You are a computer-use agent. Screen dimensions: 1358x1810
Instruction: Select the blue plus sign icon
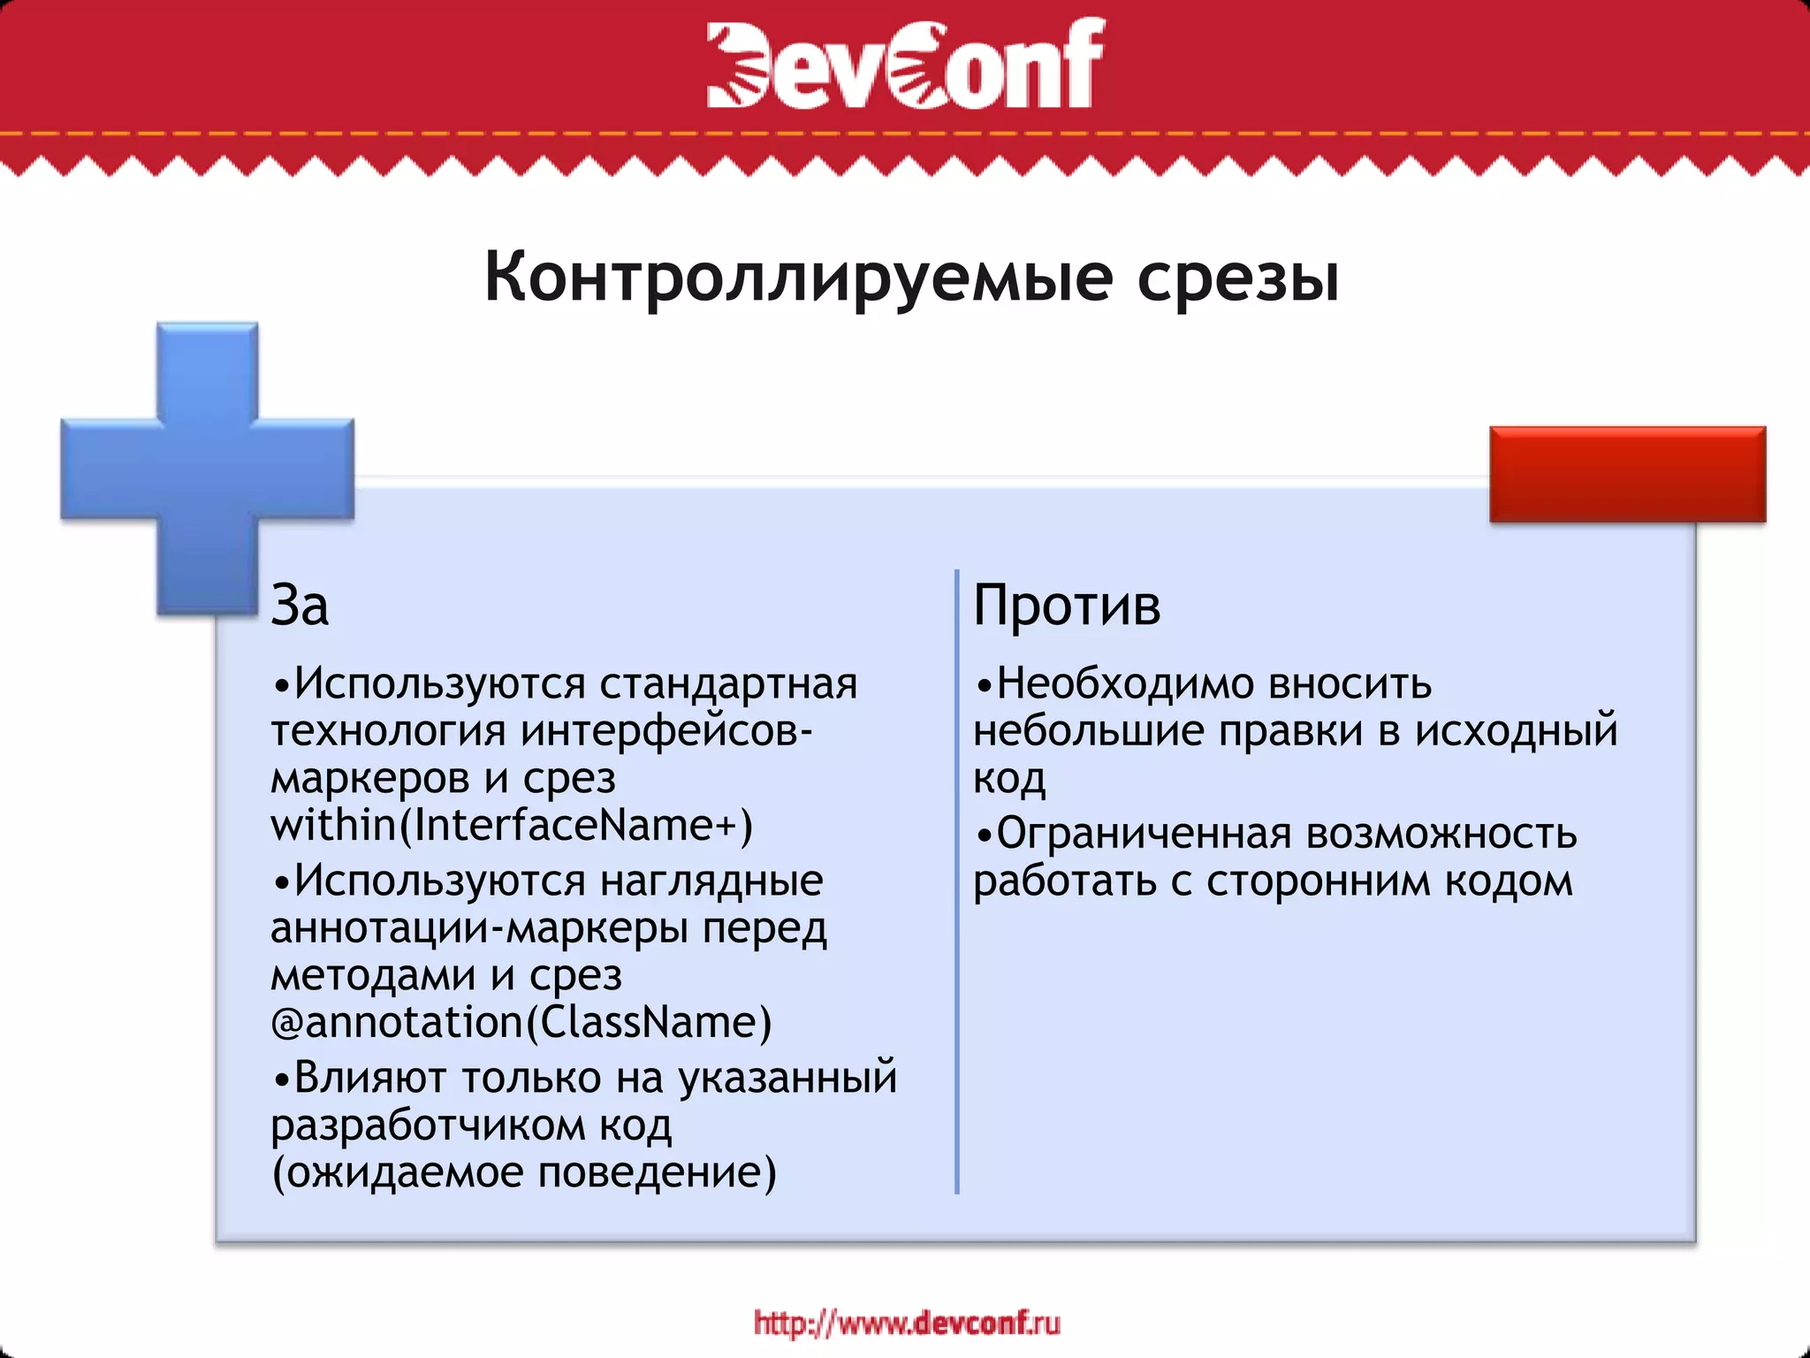[x=208, y=469]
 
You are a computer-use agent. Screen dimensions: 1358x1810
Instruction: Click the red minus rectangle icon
[x=1627, y=474]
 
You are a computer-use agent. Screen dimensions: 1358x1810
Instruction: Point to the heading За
[x=300, y=607]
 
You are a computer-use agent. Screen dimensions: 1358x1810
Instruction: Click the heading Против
[x=1067, y=607]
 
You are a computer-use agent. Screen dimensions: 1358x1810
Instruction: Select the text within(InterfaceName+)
[x=512, y=825]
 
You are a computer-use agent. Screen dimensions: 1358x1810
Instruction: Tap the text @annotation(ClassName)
[x=521, y=1022]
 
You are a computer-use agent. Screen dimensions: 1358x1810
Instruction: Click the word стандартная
[x=728, y=683]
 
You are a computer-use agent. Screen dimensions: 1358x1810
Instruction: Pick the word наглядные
[x=711, y=881]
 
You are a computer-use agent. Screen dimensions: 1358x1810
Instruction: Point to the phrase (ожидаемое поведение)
[x=524, y=1172]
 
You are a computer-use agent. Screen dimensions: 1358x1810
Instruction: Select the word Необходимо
[x=1124, y=683]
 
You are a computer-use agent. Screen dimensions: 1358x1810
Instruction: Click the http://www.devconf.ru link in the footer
[x=907, y=1323]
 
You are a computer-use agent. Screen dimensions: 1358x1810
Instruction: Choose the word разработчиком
[x=427, y=1125]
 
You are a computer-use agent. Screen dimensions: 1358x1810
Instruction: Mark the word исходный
[x=1516, y=731]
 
